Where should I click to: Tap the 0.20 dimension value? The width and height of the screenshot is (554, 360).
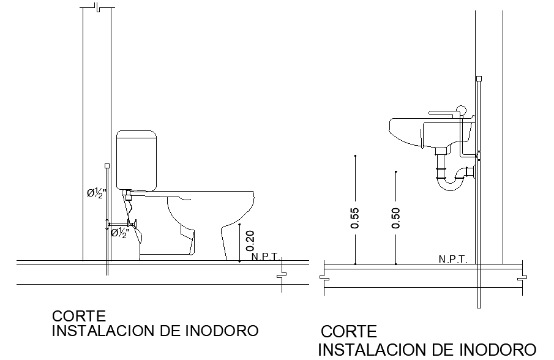(x=250, y=241)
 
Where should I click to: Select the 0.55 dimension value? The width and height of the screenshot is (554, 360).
(x=355, y=219)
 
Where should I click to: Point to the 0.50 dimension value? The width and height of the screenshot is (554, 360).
(x=395, y=219)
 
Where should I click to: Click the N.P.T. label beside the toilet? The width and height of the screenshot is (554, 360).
(x=266, y=257)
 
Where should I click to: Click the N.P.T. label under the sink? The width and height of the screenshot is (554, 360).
(x=453, y=260)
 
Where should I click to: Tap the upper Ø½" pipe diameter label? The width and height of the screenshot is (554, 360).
(x=95, y=193)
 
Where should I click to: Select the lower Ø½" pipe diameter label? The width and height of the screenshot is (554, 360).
(x=120, y=233)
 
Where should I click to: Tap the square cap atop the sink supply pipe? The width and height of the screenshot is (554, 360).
(x=479, y=78)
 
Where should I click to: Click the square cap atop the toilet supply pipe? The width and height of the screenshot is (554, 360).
(x=108, y=165)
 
